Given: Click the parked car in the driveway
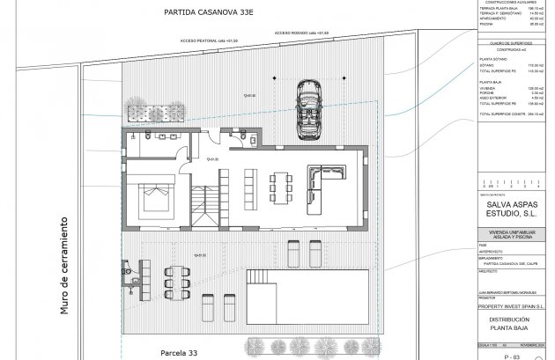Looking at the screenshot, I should click(x=309, y=109).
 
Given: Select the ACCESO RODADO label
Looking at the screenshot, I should click(x=303, y=32).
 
